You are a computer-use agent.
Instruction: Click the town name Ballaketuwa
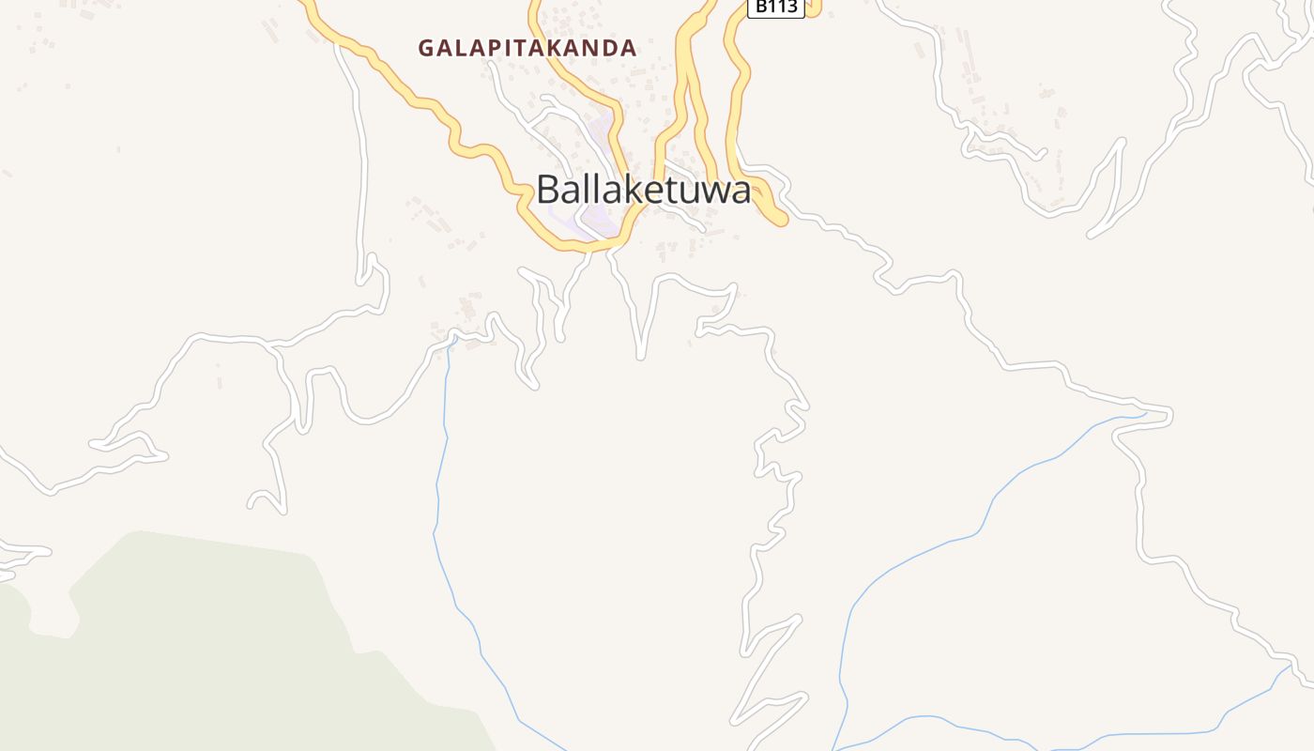[644, 191]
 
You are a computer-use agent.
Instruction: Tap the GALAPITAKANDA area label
[527, 48]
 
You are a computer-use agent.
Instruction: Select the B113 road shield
[776, 8]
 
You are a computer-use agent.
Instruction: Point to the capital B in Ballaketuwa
[548, 191]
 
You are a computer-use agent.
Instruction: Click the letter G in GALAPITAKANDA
[426, 48]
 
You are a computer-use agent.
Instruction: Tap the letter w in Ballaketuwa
[711, 192]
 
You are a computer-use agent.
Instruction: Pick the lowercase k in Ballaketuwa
[624, 191]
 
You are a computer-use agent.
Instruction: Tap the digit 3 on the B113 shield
[793, 8]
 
